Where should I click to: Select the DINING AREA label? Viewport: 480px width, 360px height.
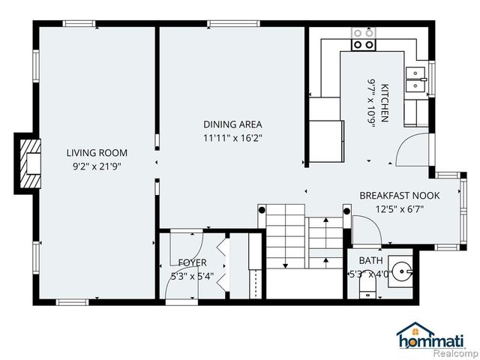coord(232,124)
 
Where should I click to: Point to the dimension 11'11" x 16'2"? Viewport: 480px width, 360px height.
coord(232,138)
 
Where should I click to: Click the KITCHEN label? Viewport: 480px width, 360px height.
coord(385,102)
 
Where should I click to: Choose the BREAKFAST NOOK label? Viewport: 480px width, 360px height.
coord(399,195)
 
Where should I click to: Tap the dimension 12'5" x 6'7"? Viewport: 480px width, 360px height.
coord(399,208)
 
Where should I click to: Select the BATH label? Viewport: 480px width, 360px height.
coord(370,260)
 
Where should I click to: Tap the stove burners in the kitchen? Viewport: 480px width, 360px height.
coord(364,39)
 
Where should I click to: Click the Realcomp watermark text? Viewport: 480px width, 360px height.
coord(455,352)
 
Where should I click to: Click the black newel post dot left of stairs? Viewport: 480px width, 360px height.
coord(262,211)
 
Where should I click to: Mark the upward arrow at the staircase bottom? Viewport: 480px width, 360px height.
coord(286,264)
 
